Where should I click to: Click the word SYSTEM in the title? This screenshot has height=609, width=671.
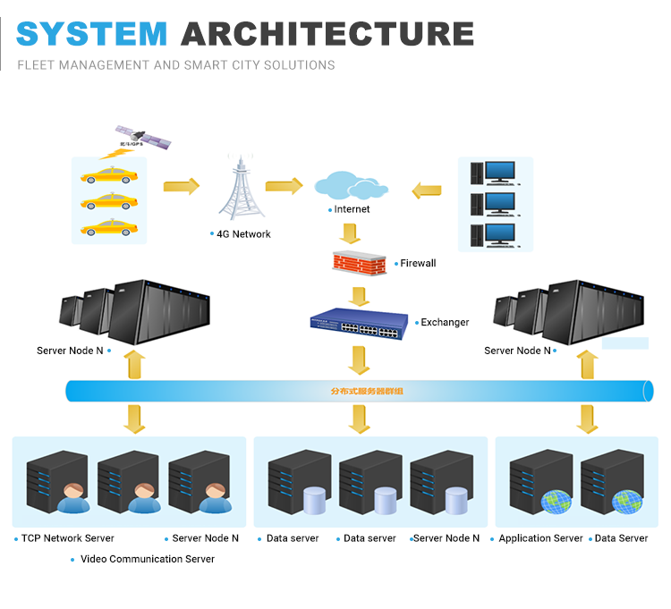click(91, 33)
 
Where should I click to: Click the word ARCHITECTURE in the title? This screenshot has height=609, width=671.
click(327, 33)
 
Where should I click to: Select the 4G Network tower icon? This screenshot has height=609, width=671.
click(239, 189)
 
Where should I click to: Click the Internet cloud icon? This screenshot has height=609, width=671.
click(350, 186)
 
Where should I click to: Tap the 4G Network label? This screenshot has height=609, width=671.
click(243, 234)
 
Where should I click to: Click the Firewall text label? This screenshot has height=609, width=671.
click(418, 264)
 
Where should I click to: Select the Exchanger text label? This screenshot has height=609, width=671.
click(445, 322)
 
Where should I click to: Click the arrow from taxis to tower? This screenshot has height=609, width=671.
click(182, 186)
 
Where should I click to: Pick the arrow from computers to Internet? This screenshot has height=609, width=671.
click(428, 190)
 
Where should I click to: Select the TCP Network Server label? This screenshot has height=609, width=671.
click(68, 538)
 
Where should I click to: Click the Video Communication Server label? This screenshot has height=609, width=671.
click(148, 559)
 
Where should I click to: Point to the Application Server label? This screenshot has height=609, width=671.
click(540, 538)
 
